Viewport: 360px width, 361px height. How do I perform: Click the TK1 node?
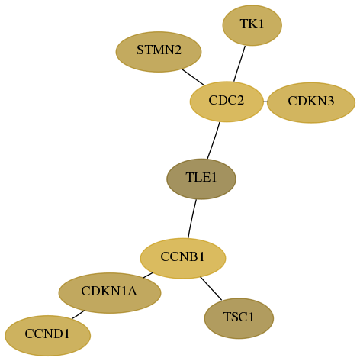252,25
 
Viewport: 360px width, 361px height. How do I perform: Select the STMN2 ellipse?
159,52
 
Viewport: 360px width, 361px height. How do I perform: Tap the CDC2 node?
227,102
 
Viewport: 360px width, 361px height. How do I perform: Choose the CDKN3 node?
311,102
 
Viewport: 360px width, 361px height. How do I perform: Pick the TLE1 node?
201,179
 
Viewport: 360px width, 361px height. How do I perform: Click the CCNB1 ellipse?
183,258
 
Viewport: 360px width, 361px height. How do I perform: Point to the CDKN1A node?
110,293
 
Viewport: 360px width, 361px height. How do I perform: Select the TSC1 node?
239,318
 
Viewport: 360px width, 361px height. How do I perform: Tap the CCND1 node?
47,336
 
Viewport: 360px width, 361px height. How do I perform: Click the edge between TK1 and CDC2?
239,63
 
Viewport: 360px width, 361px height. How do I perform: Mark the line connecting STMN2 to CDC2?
193,77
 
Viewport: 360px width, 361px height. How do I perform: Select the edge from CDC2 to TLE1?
214,140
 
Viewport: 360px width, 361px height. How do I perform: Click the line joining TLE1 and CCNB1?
192,219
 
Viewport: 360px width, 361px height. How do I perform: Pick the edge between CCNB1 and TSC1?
211,288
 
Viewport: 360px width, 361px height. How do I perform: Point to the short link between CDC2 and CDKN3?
265,102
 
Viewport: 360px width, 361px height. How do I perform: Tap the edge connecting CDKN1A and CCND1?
79,314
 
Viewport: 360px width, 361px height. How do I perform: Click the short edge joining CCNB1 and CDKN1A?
148,276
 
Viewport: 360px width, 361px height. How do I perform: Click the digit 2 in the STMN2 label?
178,50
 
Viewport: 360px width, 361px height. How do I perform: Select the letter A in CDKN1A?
132,291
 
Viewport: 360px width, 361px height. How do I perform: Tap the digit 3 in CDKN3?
330,101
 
